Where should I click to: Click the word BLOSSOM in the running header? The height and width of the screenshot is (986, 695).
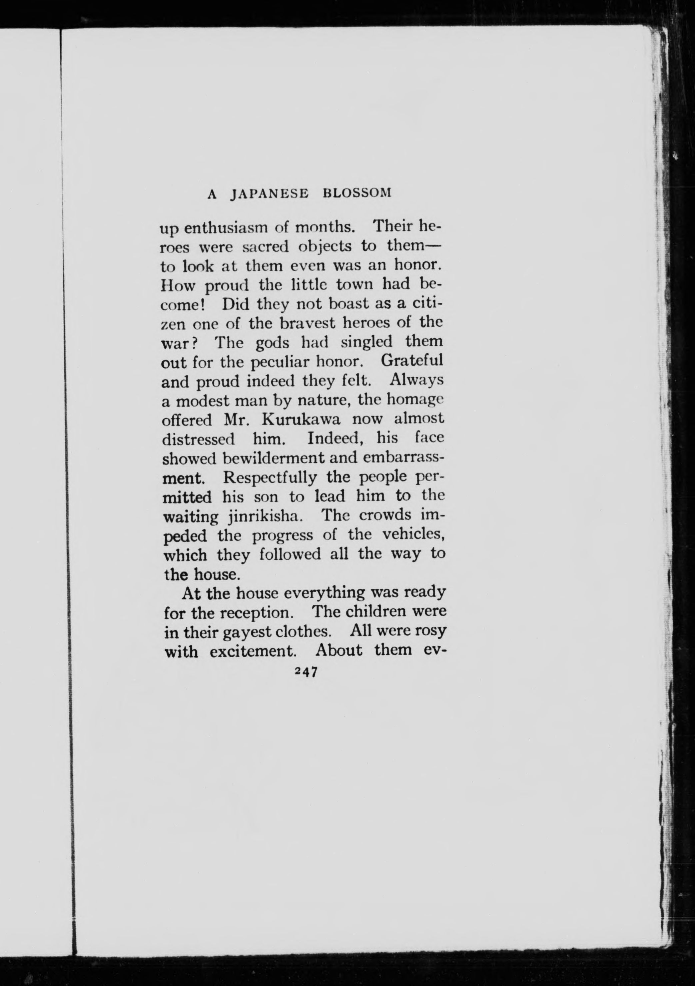[356, 193]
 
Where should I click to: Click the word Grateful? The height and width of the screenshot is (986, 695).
[411, 360]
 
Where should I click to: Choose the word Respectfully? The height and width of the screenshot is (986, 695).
[271, 478]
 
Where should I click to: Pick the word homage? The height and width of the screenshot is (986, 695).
[414, 401]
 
